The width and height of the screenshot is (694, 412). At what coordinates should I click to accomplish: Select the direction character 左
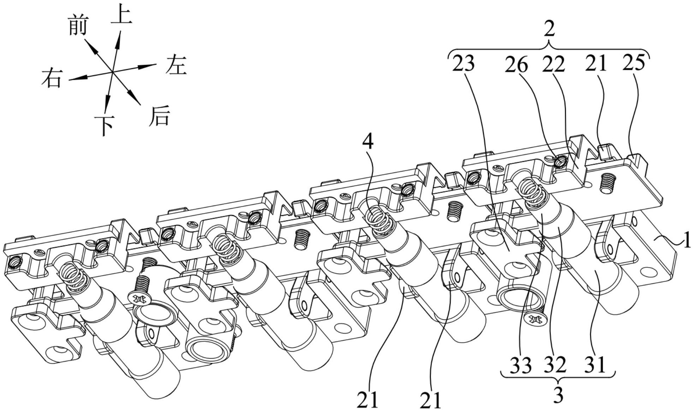pyautogui.click(x=176, y=64)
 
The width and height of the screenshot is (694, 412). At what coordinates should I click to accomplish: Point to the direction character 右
pyautogui.click(x=52, y=78)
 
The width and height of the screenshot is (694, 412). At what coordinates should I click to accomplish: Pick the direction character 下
pyautogui.click(x=105, y=125)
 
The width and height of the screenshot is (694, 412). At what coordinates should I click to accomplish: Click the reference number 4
pyautogui.click(x=367, y=142)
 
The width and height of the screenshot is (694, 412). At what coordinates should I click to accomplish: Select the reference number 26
pyautogui.click(x=516, y=65)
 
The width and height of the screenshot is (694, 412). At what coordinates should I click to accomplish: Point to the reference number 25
pyautogui.click(x=635, y=62)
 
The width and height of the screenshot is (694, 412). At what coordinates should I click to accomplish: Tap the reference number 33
pyautogui.click(x=521, y=365)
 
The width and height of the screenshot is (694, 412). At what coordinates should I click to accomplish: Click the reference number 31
pyautogui.click(x=596, y=365)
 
